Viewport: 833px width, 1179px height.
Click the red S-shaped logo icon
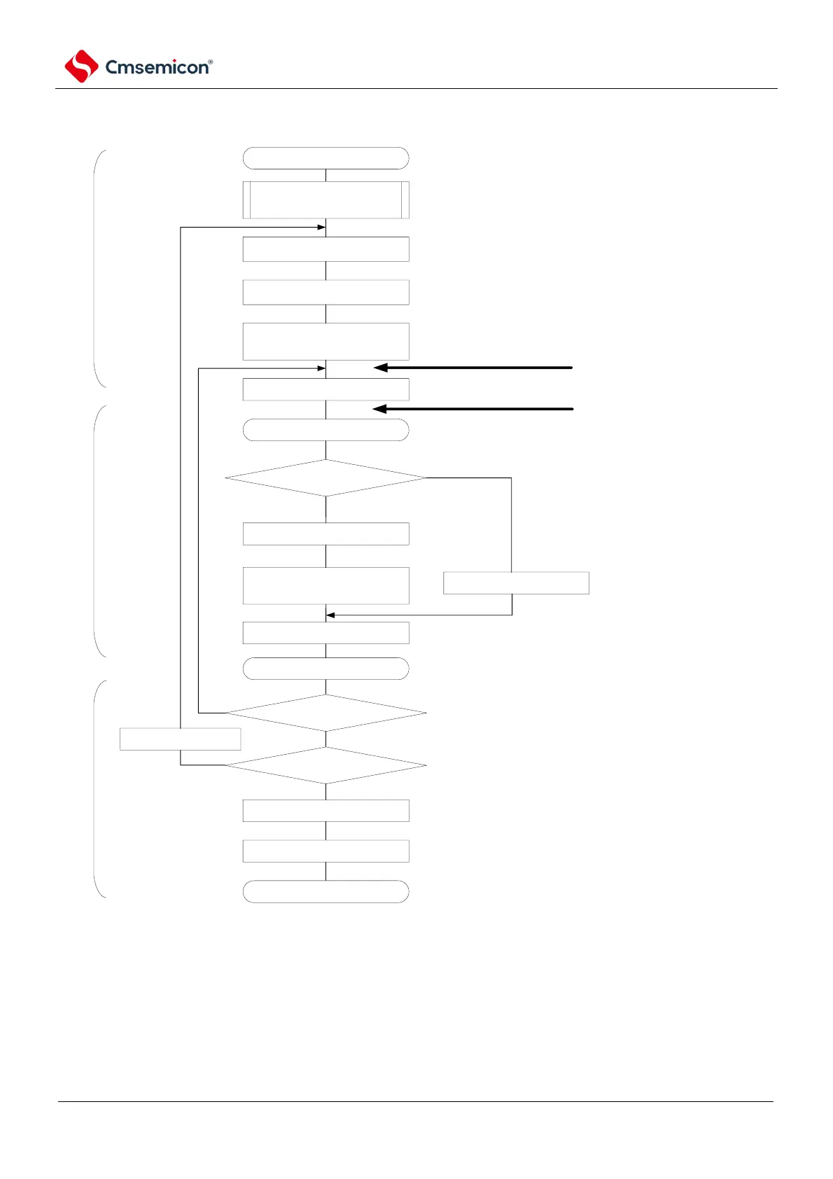point(81,67)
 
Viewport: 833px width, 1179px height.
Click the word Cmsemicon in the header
point(156,67)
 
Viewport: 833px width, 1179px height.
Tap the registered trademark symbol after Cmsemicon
point(211,62)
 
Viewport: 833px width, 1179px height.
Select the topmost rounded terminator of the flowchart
point(325,158)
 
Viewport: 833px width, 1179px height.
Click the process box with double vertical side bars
point(325,200)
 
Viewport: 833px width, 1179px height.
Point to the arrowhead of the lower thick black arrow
point(378,409)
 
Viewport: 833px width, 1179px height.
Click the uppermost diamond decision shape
point(325,478)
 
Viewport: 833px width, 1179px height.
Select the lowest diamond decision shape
point(325,765)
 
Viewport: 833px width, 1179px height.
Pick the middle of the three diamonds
point(325,713)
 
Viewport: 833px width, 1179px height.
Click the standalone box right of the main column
point(516,582)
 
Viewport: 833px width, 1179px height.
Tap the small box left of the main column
point(180,739)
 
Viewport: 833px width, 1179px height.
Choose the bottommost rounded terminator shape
point(325,891)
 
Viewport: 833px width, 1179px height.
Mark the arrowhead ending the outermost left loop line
point(322,227)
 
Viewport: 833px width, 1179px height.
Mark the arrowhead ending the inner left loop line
point(322,368)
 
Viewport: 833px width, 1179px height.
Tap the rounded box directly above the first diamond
point(325,430)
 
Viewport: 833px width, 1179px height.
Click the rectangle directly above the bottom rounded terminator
point(325,851)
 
